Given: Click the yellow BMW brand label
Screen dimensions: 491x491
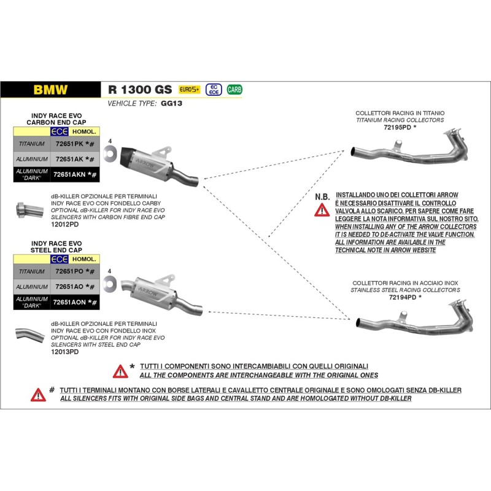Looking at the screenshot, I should coord(50,88).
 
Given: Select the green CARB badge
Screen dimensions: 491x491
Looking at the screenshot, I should coord(234,88).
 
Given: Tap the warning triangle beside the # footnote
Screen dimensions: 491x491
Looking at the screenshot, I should coord(38,394).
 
